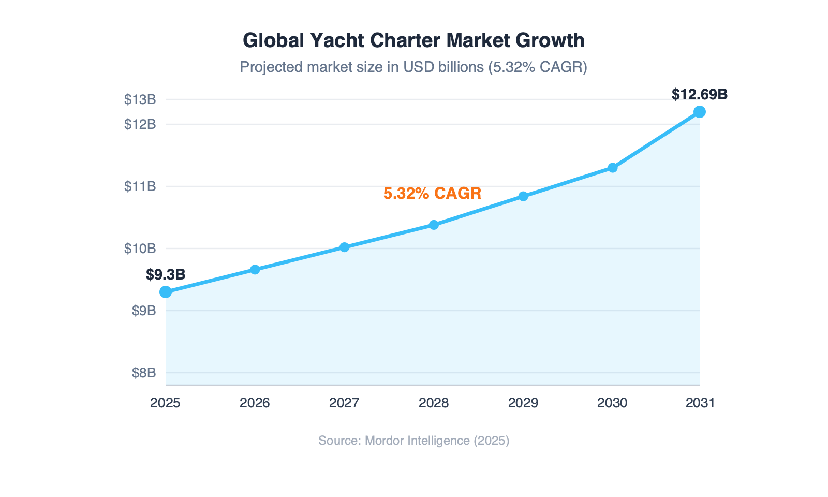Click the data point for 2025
pos(166,292)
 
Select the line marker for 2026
pos(255,270)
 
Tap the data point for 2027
pos(344,247)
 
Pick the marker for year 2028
pos(434,225)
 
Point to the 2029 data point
pos(523,196)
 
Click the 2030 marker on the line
pos(612,168)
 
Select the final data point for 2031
pos(699,112)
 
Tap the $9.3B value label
pos(166,275)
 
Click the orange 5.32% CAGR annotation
pos(432,194)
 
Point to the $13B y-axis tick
pos(140,99)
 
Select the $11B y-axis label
pos(140,186)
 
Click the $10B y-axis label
pos(140,248)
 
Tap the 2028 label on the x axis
pos(434,403)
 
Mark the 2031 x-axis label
pos(700,403)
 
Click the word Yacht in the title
pos(337,40)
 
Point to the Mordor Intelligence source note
pos(413,441)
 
